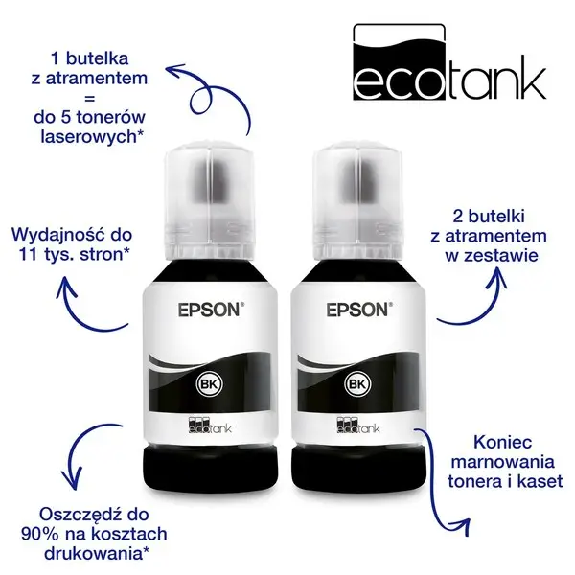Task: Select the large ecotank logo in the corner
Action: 449,62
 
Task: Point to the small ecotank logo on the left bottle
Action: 210,425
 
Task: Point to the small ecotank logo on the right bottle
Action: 357,425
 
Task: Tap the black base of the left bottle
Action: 210,471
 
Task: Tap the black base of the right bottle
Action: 358,471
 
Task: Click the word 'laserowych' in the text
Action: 88,136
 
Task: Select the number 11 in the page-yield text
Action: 27,254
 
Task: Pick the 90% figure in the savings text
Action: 39,534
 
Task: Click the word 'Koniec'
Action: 502,442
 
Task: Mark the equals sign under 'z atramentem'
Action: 89,99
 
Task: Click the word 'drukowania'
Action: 93,553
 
